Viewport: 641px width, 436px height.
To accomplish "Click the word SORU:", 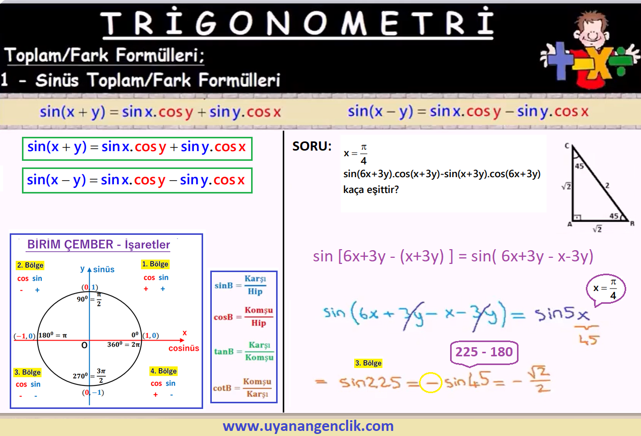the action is (x=312, y=147).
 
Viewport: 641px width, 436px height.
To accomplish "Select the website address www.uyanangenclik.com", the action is (x=308, y=426).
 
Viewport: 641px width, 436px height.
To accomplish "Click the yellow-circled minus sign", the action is (x=430, y=382).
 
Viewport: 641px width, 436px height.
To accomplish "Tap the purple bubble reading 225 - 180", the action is (x=484, y=352).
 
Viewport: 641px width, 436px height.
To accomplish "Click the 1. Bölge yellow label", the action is (x=155, y=264).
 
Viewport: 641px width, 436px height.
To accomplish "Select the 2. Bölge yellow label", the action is (x=30, y=265).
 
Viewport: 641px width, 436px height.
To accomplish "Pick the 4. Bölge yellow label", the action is (x=164, y=371).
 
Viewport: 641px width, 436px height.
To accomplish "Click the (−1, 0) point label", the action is (x=24, y=336).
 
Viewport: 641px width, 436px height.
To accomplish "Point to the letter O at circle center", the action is (x=84, y=345).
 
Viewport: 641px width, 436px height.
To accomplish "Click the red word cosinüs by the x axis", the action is (x=184, y=348).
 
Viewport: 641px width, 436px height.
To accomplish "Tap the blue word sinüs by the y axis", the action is (x=104, y=270).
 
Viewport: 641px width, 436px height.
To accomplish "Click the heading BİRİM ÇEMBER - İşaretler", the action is (x=98, y=245).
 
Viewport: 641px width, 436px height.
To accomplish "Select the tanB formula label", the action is (x=224, y=351).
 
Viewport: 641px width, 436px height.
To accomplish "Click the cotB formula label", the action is (x=222, y=388).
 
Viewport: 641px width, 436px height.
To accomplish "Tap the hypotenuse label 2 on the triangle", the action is (x=607, y=186).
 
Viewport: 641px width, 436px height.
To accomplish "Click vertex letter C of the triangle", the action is (x=567, y=146).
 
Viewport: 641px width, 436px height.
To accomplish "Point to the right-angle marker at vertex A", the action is (x=578, y=217).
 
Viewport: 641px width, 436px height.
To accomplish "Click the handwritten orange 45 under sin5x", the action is (x=588, y=340).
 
